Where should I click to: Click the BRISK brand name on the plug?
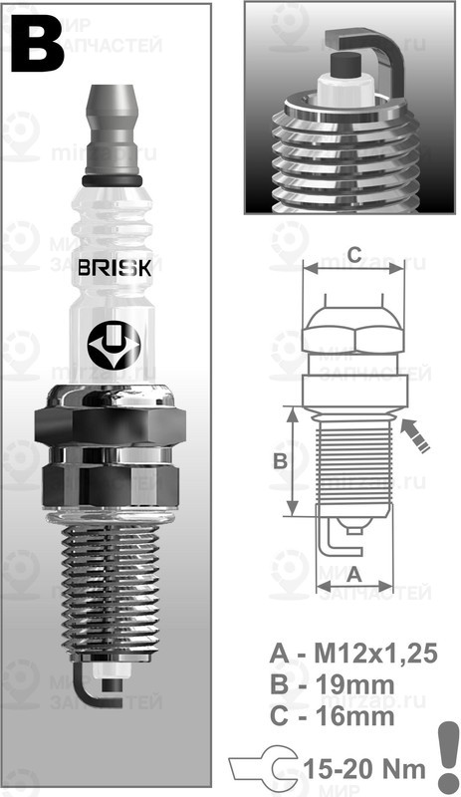[115, 268]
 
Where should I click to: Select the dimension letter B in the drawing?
[280, 460]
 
